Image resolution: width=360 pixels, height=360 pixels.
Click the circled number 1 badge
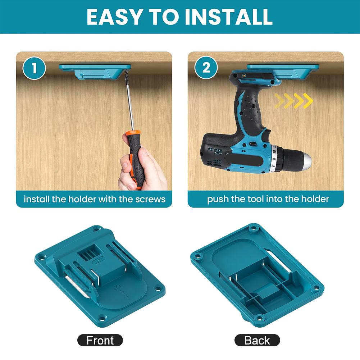coord(34,68)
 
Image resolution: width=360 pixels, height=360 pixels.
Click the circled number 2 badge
coord(206,68)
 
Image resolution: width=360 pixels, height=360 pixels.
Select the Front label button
coord(100,340)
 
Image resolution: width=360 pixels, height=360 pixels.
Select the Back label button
coord(257,340)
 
